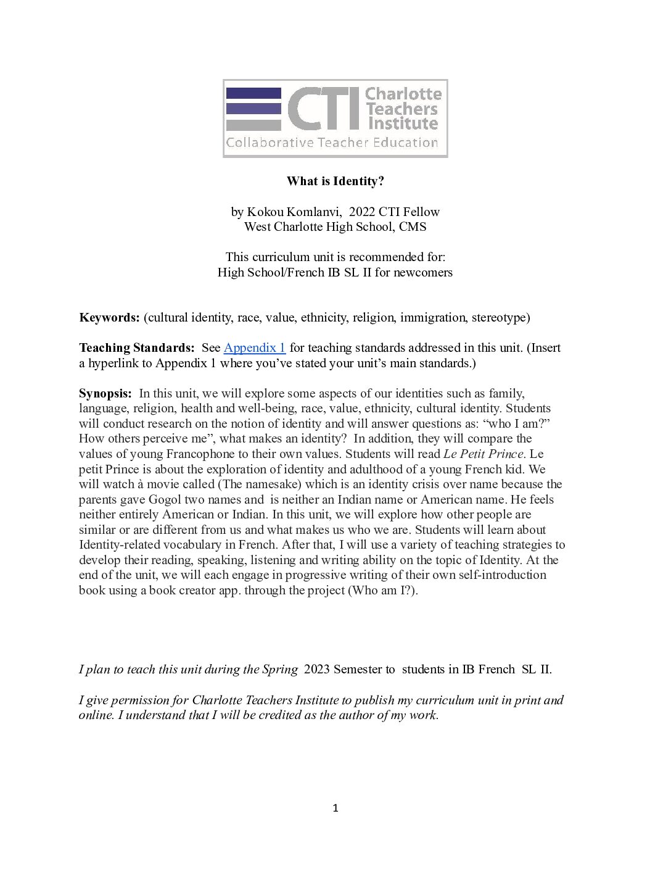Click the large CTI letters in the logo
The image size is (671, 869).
[x=323, y=109]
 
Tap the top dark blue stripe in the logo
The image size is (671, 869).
[x=253, y=93]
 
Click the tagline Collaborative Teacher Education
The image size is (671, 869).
[x=332, y=143]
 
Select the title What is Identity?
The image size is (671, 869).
[x=335, y=181]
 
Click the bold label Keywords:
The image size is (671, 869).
[x=109, y=318]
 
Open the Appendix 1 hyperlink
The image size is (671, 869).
[x=254, y=347]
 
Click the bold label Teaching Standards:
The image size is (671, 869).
[x=136, y=347]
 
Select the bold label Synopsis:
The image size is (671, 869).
[x=105, y=393]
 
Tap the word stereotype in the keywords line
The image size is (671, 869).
[x=500, y=318]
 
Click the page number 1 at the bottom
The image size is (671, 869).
[x=335, y=809]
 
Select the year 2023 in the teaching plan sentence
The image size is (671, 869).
[x=317, y=670]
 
